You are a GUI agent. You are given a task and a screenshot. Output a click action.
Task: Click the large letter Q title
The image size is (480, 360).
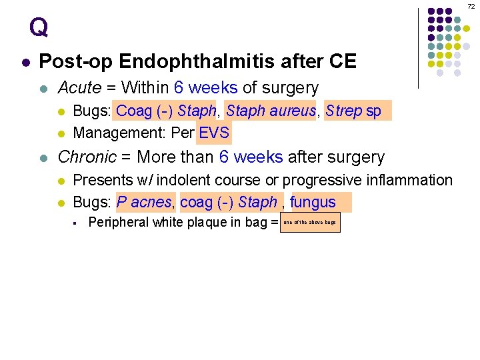point(39,27)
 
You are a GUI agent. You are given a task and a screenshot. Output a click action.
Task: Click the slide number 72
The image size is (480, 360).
point(471,5)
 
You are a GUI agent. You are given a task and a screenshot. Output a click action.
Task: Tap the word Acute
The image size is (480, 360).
point(80,88)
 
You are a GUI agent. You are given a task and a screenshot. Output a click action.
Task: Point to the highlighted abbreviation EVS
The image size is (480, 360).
point(214,133)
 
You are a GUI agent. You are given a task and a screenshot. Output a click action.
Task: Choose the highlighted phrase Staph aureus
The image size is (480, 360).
point(270,111)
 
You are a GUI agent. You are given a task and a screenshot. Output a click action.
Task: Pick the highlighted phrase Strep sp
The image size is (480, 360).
point(354,111)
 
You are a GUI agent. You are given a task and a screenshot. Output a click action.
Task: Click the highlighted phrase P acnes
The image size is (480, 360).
point(144,202)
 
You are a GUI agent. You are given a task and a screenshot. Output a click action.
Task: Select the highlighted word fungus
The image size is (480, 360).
point(313,202)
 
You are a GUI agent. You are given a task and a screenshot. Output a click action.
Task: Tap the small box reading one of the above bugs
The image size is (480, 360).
point(310,222)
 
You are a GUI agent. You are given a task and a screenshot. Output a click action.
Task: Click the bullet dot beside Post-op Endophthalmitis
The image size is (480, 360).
point(25,63)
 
